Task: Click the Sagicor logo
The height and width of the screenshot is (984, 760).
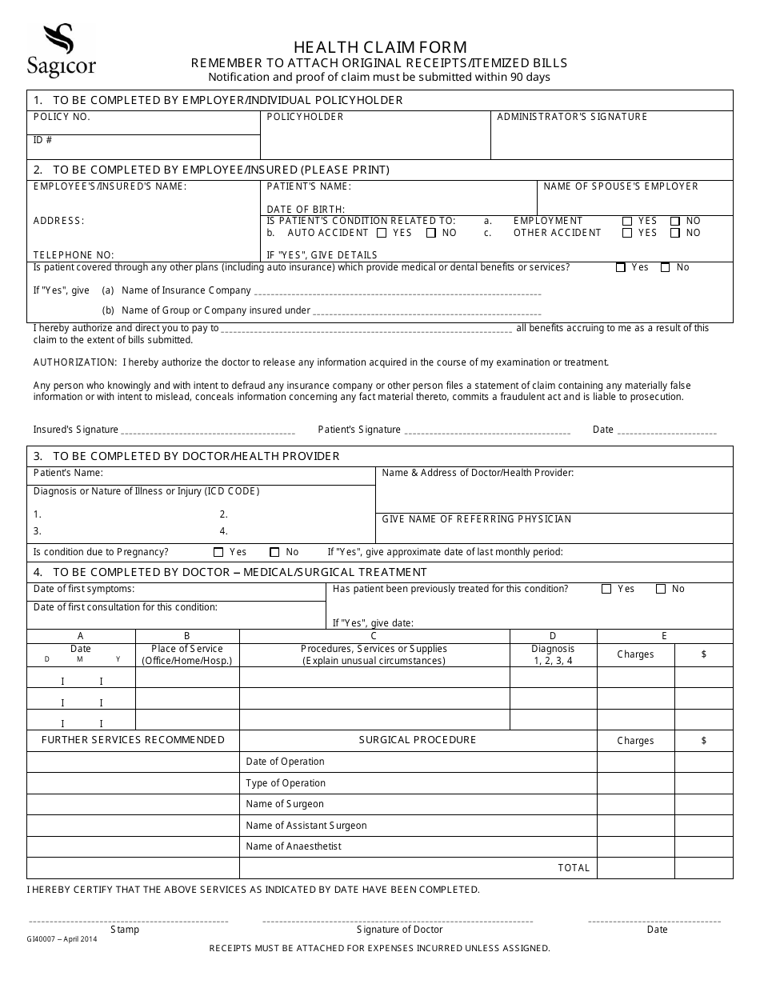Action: (61, 50)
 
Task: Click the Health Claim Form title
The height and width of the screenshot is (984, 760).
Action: (380, 47)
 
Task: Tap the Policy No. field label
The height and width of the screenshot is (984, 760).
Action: (62, 117)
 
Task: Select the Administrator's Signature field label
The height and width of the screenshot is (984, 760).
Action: (572, 117)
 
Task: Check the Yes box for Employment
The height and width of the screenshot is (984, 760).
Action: (627, 222)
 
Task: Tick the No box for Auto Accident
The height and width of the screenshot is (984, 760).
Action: (431, 234)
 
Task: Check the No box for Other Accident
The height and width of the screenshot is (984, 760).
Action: (675, 234)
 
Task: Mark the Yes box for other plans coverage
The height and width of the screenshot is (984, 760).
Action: (621, 268)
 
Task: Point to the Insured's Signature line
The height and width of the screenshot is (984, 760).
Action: (208, 432)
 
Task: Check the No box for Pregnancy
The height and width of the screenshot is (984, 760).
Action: (274, 552)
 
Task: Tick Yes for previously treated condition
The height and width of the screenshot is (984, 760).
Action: (606, 589)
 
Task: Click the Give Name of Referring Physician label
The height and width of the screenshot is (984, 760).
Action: (477, 519)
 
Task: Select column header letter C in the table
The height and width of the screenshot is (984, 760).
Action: (374, 636)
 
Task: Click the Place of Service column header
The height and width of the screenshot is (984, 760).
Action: (187, 654)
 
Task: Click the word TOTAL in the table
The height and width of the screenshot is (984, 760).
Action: (574, 868)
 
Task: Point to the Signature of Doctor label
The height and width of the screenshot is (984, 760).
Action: (399, 930)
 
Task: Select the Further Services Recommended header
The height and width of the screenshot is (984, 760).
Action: (133, 740)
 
